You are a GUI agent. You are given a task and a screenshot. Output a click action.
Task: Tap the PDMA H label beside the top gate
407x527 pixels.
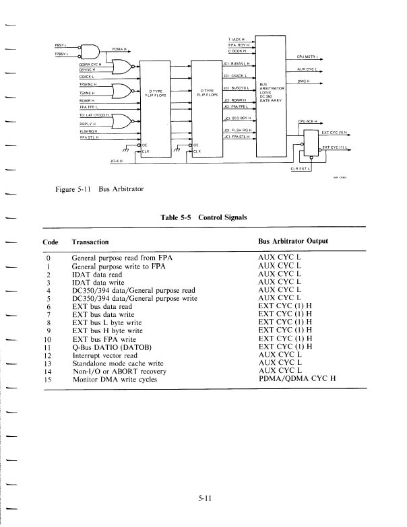pyautogui.click(x=120, y=48)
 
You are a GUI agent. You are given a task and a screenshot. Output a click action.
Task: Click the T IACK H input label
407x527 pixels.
pyautogui.click(x=237, y=39)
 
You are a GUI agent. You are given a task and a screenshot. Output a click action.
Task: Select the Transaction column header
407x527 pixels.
pyautogui.click(x=90, y=242)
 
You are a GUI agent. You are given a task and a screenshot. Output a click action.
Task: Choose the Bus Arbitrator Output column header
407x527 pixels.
pyautogui.click(x=301, y=242)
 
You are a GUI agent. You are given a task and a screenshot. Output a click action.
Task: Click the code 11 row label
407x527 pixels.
pyautogui.click(x=46, y=347)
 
